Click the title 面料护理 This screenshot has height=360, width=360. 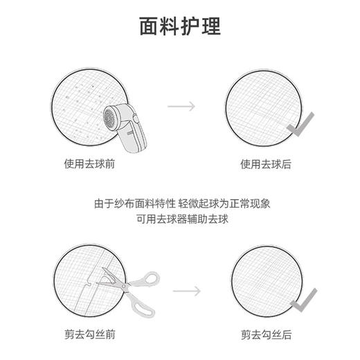[x=180, y=26]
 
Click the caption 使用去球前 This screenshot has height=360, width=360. [x=89, y=164]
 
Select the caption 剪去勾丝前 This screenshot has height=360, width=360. [x=89, y=334]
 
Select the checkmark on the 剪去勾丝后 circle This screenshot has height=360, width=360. [x=303, y=299]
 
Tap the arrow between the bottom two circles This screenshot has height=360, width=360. [x=186, y=291]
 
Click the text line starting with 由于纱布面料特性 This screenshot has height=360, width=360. [x=180, y=204]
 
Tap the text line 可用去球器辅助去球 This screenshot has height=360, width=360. [x=180, y=219]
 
